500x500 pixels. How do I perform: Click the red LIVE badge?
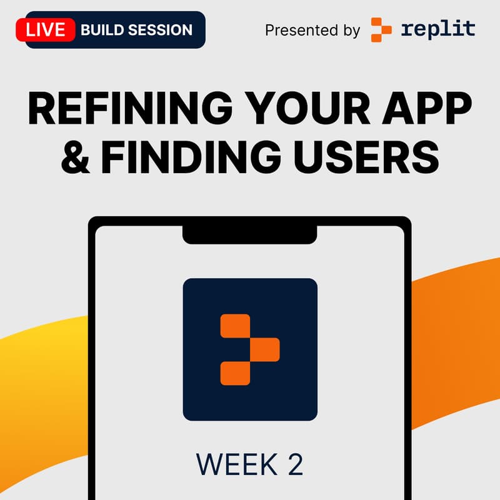(x=45, y=29)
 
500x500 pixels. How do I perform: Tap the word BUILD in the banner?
(x=104, y=29)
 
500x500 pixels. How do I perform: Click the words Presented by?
(x=312, y=30)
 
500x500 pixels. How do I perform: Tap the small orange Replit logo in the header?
(x=381, y=29)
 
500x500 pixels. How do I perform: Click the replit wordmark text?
(x=437, y=29)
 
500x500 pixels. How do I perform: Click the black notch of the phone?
(x=250, y=232)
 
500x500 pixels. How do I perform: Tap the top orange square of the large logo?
(x=235, y=326)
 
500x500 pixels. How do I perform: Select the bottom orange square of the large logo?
(x=235, y=372)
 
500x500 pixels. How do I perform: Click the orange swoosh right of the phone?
(x=456, y=325)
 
